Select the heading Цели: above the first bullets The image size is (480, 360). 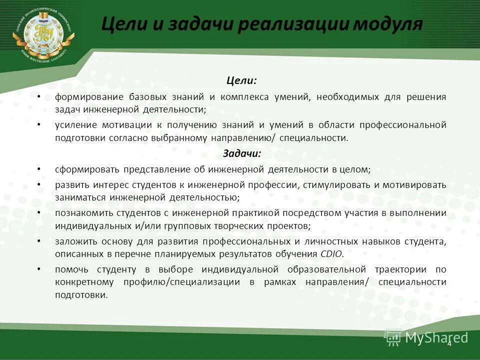(x=241, y=80)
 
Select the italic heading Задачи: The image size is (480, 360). (x=241, y=154)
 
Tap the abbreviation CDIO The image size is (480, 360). (x=331, y=254)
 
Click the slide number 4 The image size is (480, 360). (x=449, y=343)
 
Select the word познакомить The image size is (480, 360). (x=82, y=213)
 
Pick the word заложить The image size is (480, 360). (x=74, y=241)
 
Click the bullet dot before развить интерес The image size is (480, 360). (x=39, y=184)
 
